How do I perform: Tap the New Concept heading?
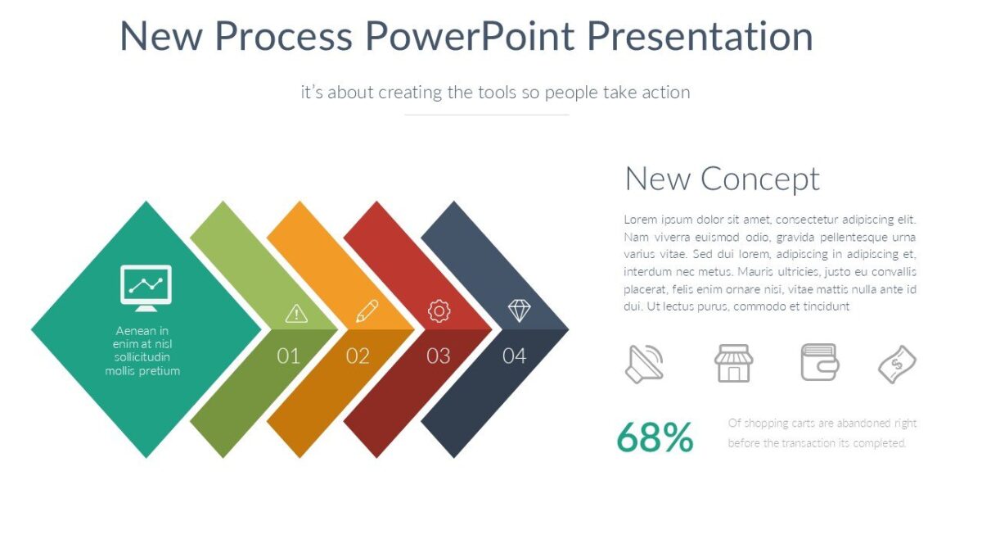click(722, 179)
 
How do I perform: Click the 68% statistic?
click(654, 437)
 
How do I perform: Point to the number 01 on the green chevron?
click(288, 356)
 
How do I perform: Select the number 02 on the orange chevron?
click(358, 356)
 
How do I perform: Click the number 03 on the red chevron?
click(439, 356)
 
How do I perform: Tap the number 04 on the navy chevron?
click(514, 356)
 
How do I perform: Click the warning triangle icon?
click(295, 313)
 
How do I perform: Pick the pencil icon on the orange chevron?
click(367, 310)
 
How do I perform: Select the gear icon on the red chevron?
click(439, 310)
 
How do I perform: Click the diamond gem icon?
click(519, 310)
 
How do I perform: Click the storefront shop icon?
click(733, 363)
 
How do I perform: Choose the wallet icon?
click(819, 362)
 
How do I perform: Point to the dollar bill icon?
click(897, 364)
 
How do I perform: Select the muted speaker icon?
click(644, 363)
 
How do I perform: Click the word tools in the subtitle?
click(498, 93)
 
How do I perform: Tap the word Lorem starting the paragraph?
click(641, 220)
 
